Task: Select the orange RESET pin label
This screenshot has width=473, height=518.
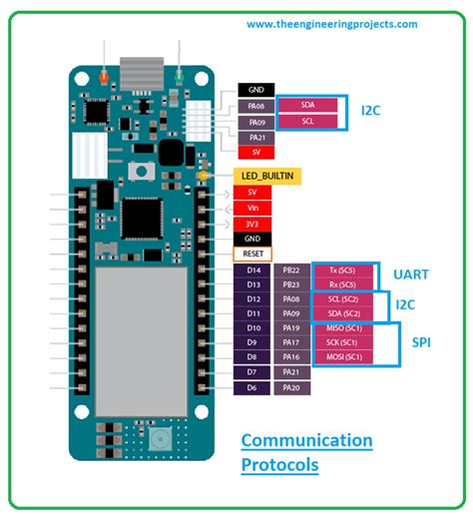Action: [251, 254]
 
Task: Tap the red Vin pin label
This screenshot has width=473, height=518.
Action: [251, 207]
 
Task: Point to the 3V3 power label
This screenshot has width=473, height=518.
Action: [251, 223]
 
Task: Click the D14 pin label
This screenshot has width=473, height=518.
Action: [252, 270]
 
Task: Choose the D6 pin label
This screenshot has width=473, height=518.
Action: [252, 386]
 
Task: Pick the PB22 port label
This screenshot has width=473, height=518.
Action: [291, 270]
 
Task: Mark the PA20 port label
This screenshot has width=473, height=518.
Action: [291, 386]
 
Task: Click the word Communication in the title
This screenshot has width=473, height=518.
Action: [306, 440]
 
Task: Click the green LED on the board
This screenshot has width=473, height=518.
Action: [179, 77]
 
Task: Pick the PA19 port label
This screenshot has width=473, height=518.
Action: [291, 328]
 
